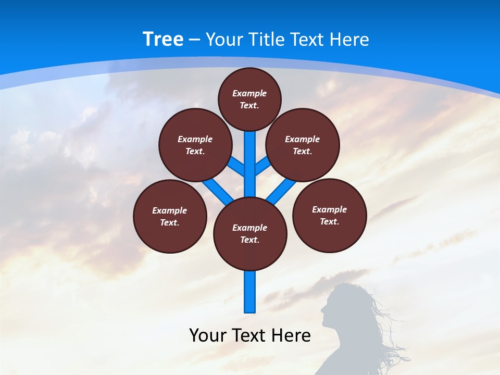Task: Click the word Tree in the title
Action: [x=163, y=39]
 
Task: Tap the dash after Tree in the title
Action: [x=194, y=40]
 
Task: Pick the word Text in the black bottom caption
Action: [x=251, y=335]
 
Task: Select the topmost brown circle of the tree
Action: [x=249, y=99]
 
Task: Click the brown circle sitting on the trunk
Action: [x=250, y=234]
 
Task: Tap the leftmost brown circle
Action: [x=170, y=216]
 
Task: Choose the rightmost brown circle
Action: [x=329, y=215]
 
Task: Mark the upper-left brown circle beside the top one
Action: [x=195, y=145]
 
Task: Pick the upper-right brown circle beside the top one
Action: [x=302, y=145]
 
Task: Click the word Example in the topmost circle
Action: [x=249, y=93]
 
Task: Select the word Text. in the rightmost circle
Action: [x=329, y=221]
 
